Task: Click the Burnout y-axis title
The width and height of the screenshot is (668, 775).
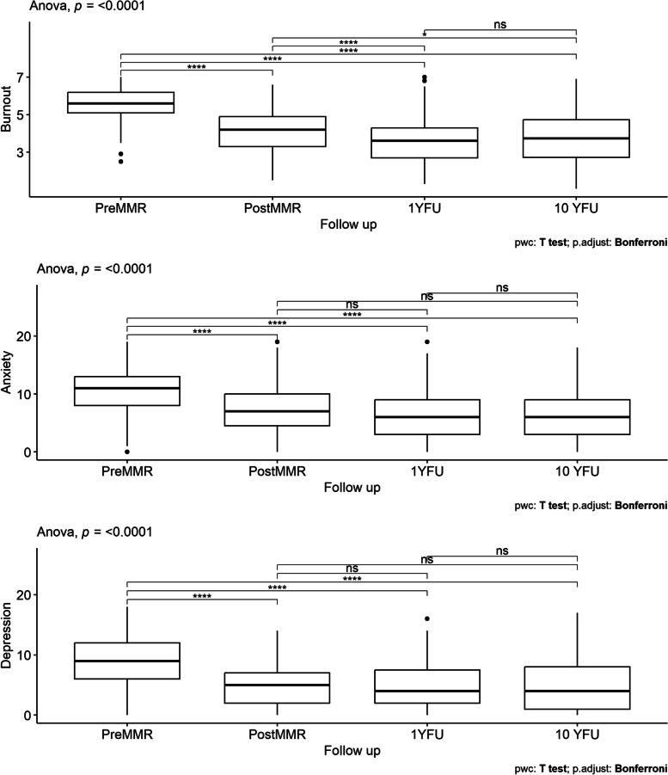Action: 6,108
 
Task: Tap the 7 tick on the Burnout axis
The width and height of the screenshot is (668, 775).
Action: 20,77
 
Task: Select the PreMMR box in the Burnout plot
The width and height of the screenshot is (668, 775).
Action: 120,102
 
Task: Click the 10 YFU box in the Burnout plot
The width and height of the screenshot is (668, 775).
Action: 576,138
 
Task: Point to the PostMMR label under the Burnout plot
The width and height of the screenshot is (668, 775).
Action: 273,208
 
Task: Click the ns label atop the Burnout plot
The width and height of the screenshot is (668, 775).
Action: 500,24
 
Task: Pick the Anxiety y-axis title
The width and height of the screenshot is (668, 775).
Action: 6,372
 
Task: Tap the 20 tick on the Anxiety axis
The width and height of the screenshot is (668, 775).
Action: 23,336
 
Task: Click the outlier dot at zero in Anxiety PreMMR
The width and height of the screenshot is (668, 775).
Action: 127,452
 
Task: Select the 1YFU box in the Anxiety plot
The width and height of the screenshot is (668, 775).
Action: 427,417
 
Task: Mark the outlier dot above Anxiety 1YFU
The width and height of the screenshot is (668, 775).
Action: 427,341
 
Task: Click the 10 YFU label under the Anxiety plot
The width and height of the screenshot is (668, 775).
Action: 577,471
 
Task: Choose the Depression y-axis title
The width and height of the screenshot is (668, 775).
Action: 6,636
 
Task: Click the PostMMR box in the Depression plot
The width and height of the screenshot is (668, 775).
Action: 277,687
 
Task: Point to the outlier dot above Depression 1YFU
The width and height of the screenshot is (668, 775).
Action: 427,618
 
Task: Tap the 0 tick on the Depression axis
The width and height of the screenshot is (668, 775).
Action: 27,715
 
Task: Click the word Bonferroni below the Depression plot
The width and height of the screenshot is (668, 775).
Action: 640,769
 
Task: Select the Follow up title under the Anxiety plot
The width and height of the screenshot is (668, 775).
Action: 352,488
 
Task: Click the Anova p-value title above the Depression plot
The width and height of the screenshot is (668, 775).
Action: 95,532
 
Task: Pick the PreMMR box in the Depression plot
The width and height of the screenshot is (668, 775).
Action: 127,661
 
